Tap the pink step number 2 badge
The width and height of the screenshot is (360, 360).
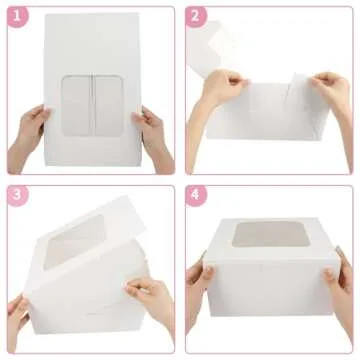click(x=197, y=16)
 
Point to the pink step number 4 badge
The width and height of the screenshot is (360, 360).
click(x=197, y=195)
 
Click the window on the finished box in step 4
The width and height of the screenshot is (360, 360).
click(x=265, y=234)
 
